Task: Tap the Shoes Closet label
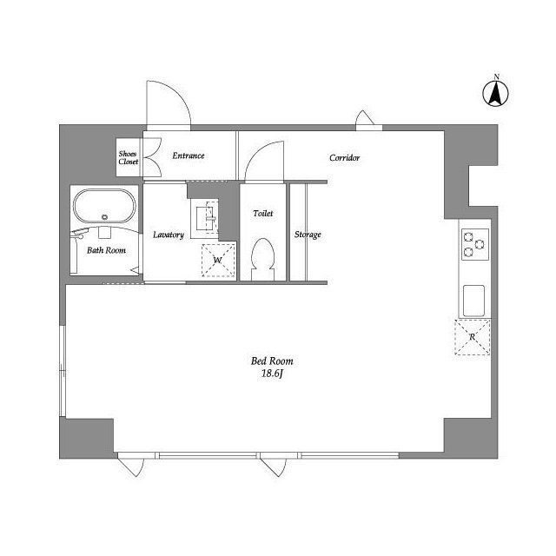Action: pos(128,157)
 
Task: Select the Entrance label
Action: pos(188,156)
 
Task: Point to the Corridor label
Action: pos(344,158)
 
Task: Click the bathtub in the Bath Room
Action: pos(104,208)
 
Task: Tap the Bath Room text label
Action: pos(106,250)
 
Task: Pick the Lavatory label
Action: pos(168,235)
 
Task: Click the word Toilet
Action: pos(262,213)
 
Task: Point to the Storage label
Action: pos(308,235)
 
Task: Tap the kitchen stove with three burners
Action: pos(473,243)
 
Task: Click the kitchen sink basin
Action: pos(474,300)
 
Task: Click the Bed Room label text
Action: pos(272,361)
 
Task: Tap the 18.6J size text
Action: pos(273,375)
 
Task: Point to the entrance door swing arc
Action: pos(167,103)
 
